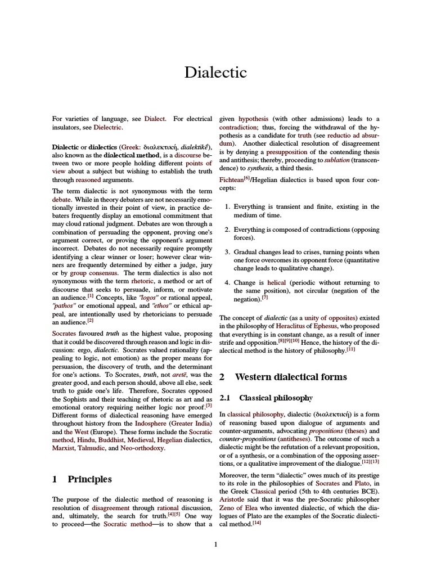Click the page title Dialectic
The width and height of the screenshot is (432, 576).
pyautogui.click(x=216, y=72)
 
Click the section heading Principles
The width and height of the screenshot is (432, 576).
pyautogui.click(x=89, y=479)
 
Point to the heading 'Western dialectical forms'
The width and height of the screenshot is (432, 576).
pyautogui.click(x=291, y=376)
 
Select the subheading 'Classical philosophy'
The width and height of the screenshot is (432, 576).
pyautogui.click(x=275, y=398)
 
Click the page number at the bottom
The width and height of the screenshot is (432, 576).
pyautogui.click(x=215, y=543)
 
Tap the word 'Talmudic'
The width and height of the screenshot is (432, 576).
pyautogui.click(x=100, y=448)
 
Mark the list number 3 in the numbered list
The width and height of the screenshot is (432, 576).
pyautogui.click(x=227, y=252)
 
